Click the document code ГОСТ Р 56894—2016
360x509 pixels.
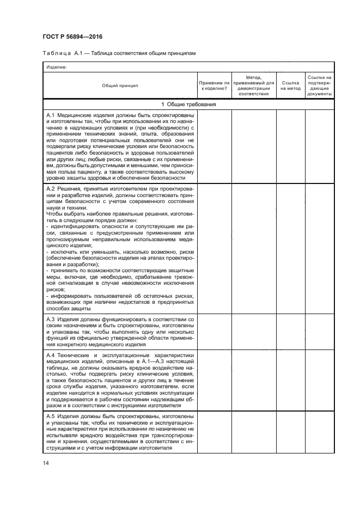point(72,36)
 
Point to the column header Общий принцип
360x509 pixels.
point(120,85)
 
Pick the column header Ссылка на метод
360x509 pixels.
point(291,85)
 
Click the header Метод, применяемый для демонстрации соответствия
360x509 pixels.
point(254,85)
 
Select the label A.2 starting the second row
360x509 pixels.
point(51,188)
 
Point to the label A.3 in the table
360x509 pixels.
point(51,319)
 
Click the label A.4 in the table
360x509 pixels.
point(51,355)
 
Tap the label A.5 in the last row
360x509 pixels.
point(51,416)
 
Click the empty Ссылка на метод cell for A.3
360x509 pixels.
point(291,332)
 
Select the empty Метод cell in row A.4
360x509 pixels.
point(254,380)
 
